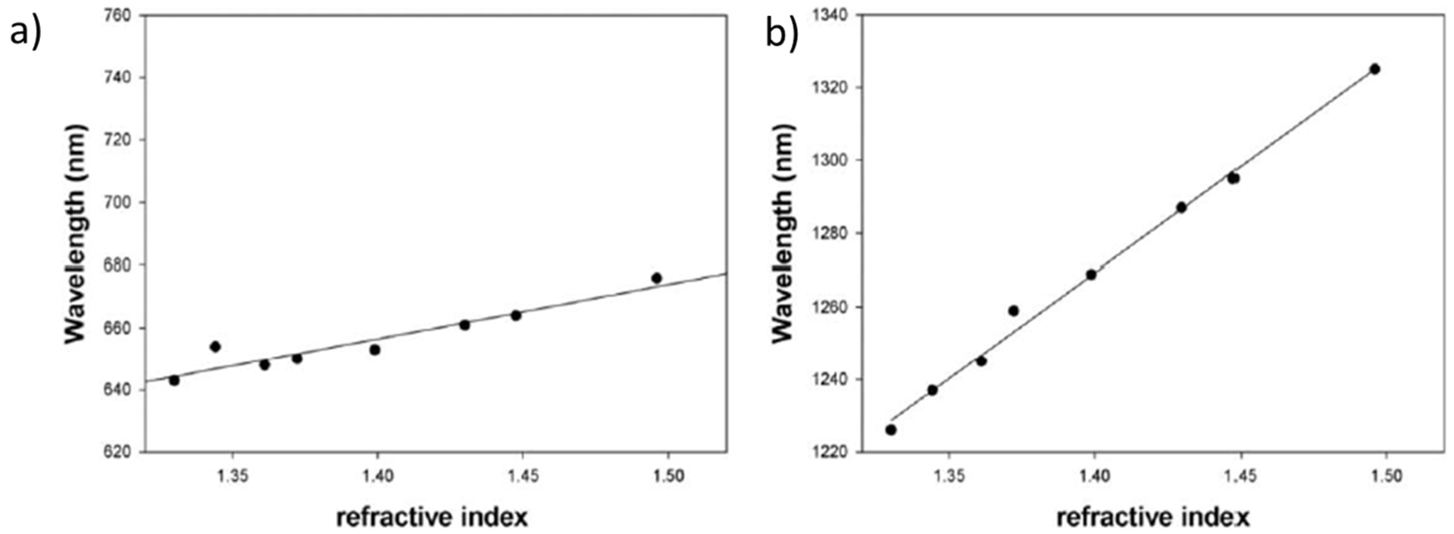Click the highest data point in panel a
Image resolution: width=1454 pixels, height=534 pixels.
click(656, 278)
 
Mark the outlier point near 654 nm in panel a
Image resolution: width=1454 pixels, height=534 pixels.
click(215, 346)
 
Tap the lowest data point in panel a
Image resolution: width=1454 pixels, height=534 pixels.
click(174, 381)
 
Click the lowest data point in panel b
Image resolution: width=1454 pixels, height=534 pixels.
click(891, 430)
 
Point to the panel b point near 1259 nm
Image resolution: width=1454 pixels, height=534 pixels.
click(1013, 310)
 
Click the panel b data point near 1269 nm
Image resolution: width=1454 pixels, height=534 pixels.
click(1091, 275)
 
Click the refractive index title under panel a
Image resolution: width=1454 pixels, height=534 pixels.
click(432, 517)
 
